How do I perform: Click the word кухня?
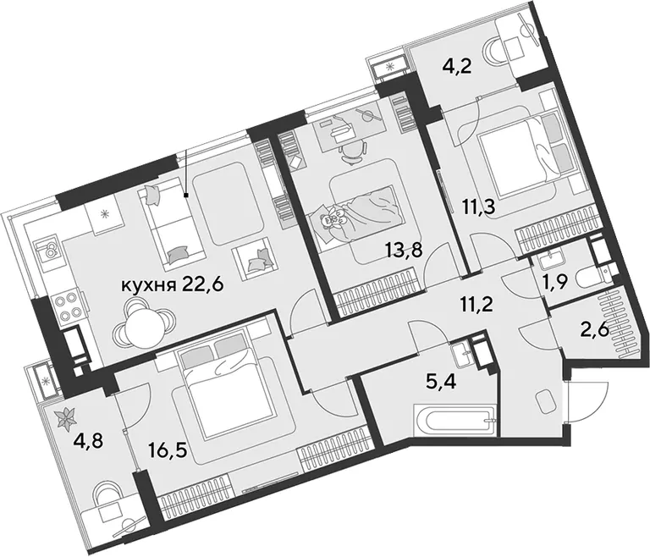tap(146, 286)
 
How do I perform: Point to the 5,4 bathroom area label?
tap(442, 381)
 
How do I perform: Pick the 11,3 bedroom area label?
tap(480, 207)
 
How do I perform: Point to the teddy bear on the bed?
tap(335, 218)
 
